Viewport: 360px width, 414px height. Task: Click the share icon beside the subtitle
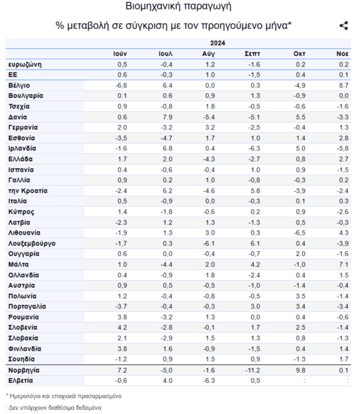coord(343,26)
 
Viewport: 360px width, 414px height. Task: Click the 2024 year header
coord(217,43)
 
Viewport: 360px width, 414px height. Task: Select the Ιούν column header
coord(120,54)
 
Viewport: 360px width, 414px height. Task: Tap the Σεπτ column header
coord(252,54)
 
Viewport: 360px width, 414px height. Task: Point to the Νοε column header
coord(342,54)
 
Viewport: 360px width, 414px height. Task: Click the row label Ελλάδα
coord(21,159)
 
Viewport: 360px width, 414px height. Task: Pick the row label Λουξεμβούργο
coord(32,244)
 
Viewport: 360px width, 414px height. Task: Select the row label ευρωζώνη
coord(25,65)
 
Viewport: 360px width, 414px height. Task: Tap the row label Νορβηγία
coord(24,370)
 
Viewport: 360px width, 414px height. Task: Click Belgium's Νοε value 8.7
coord(343,86)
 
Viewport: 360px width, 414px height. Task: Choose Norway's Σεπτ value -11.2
coord(252,370)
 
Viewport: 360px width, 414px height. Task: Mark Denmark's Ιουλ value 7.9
coord(168,117)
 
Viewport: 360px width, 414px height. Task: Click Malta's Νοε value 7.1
coord(343,264)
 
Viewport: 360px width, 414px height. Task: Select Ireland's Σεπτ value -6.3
coord(254,148)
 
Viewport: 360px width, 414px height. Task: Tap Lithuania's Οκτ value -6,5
coord(299,233)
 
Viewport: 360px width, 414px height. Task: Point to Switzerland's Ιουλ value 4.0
coord(168,380)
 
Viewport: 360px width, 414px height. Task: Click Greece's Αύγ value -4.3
coord(209,159)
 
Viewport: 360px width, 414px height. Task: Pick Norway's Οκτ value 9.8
coord(301,370)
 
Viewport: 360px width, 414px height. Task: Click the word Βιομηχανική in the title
coord(153,6)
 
